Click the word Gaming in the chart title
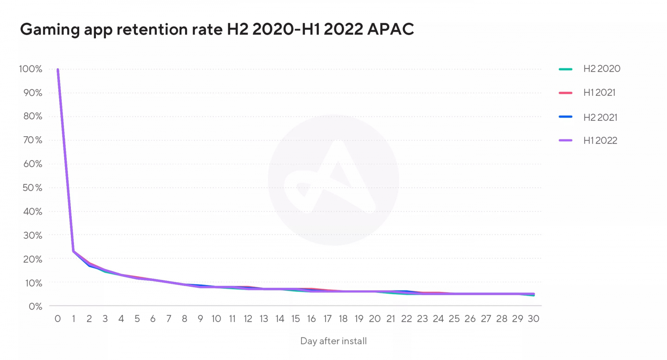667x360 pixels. coord(50,30)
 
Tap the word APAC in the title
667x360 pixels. coord(391,29)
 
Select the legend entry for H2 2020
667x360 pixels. coord(602,69)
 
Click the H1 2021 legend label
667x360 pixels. coord(599,92)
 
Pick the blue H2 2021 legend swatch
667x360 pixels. coord(565,117)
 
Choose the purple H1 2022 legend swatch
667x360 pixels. coord(565,140)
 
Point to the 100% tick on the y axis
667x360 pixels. coord(30,69)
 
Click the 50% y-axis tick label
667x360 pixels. coord(32,187)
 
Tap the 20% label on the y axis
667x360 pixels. coord(32,259)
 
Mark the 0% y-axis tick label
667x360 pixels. coord(35,307)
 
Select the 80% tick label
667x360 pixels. coord(32,116)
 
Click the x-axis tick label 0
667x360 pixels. coord(58,319)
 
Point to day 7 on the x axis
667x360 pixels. coord(168,319)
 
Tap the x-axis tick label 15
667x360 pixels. coord(295,319)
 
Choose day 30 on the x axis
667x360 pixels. coord(533,319)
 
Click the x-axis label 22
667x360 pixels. coord(406,319)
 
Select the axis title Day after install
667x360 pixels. coord(333,341)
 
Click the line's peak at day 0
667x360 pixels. coord(58,70)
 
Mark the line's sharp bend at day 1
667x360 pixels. coord(73,251)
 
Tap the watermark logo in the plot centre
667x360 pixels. coord(333,180)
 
